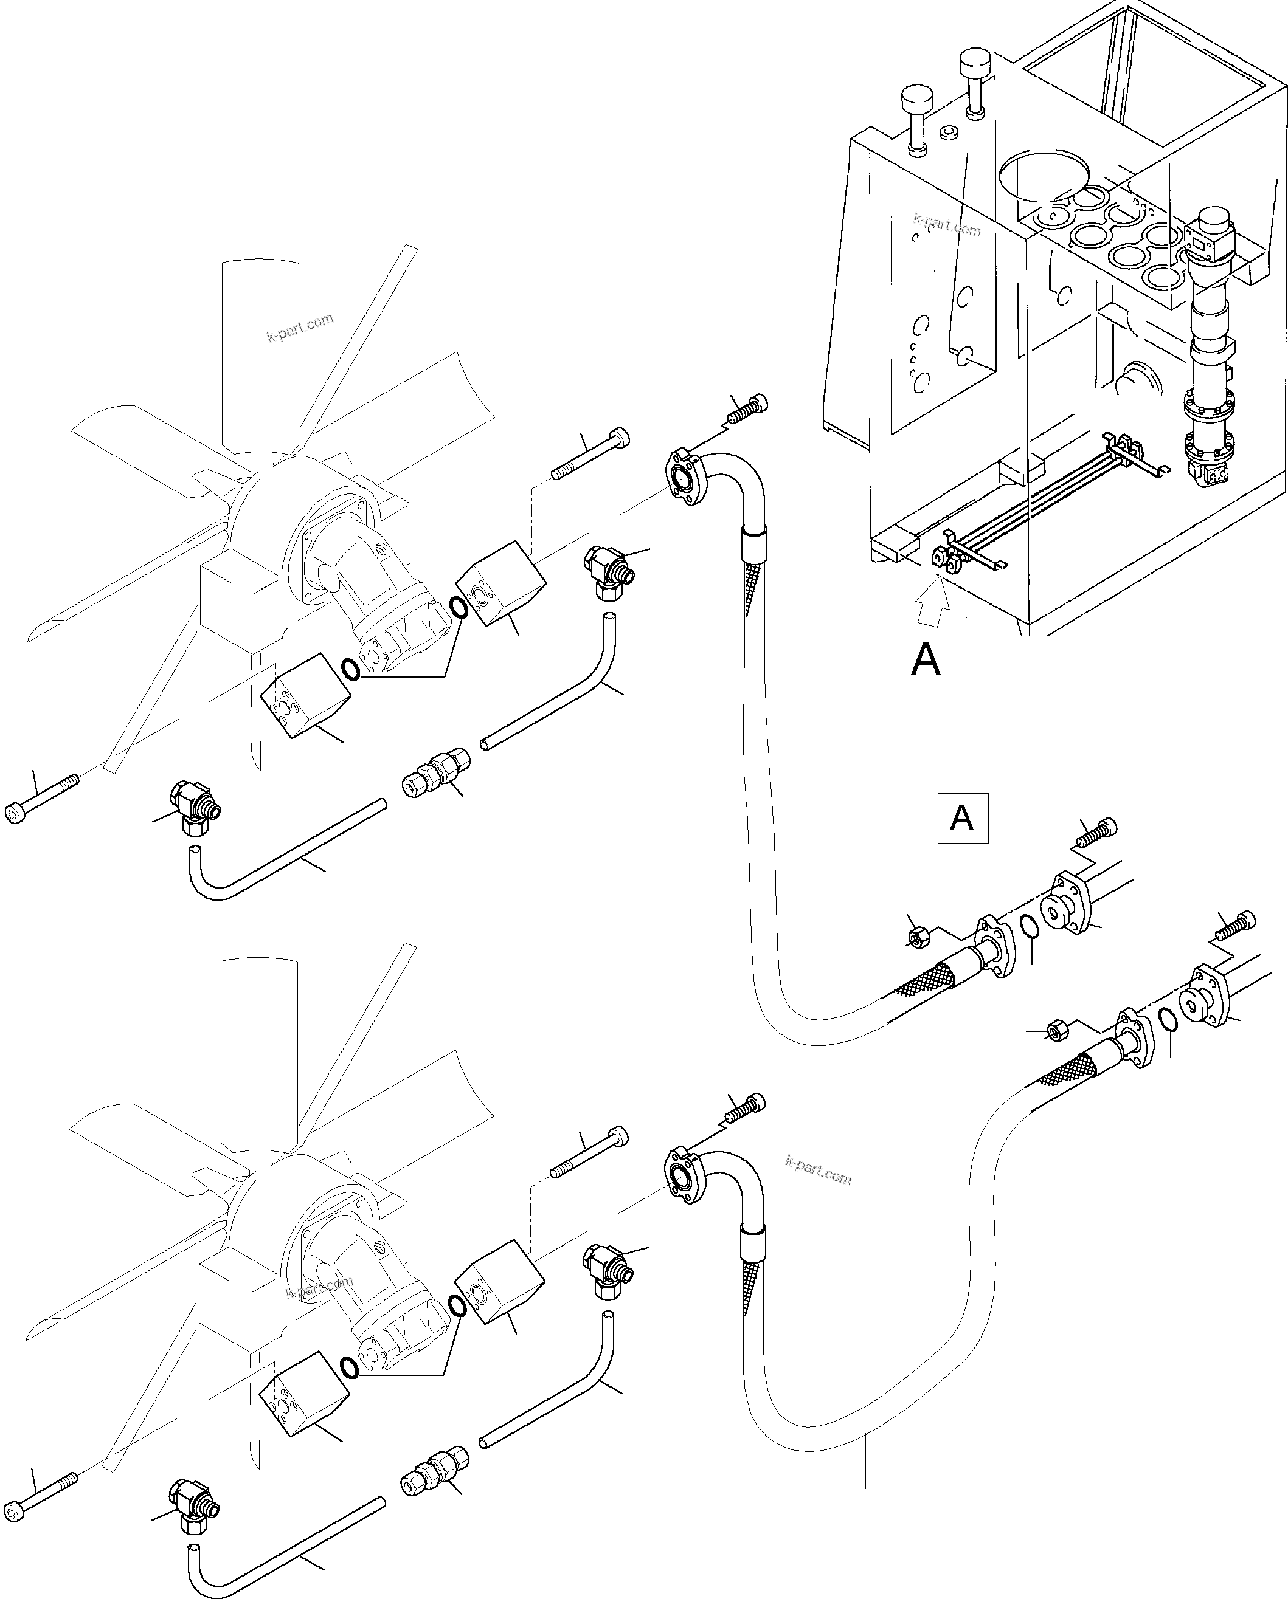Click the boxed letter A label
(962, 818)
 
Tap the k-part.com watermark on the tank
(947, 224)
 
